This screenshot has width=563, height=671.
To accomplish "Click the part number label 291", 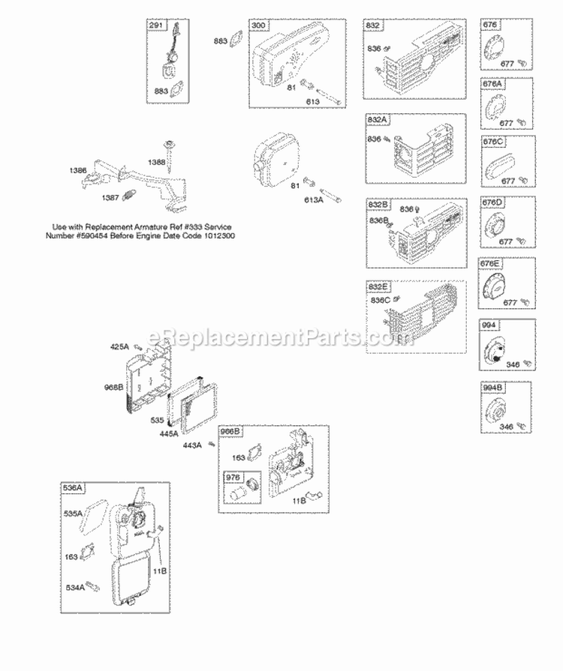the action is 155,26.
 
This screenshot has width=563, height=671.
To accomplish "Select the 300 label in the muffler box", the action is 259,26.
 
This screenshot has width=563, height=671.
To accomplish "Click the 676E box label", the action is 491,264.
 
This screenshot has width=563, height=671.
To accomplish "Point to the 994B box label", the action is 491,388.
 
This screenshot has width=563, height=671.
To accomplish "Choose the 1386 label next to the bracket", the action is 77,170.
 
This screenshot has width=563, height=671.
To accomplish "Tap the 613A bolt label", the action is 314,199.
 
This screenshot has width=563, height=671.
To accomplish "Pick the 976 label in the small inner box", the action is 231,476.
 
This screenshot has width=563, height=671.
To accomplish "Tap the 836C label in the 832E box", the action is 382,300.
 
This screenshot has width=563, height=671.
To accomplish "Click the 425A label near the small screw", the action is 120,346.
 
